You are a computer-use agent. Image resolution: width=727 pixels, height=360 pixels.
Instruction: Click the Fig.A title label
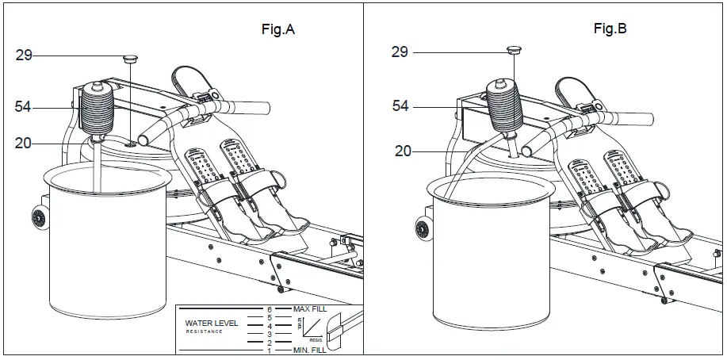(x=278, y=30)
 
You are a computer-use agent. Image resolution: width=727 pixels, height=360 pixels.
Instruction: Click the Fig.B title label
(x=610, y=29)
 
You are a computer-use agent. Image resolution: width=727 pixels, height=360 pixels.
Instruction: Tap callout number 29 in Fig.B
(x=400, y=52)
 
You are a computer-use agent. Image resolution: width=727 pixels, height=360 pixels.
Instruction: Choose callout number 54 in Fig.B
(x=400, y=105)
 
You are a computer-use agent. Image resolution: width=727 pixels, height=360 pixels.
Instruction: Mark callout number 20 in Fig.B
(x=404, y=150)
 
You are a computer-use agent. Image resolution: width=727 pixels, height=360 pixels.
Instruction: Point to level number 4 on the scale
(x=270, y=326)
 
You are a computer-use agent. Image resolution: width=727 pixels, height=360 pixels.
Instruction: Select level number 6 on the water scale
(x=270, y=308)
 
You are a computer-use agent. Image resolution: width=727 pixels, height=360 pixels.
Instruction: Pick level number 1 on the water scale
(x=270, y=351)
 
